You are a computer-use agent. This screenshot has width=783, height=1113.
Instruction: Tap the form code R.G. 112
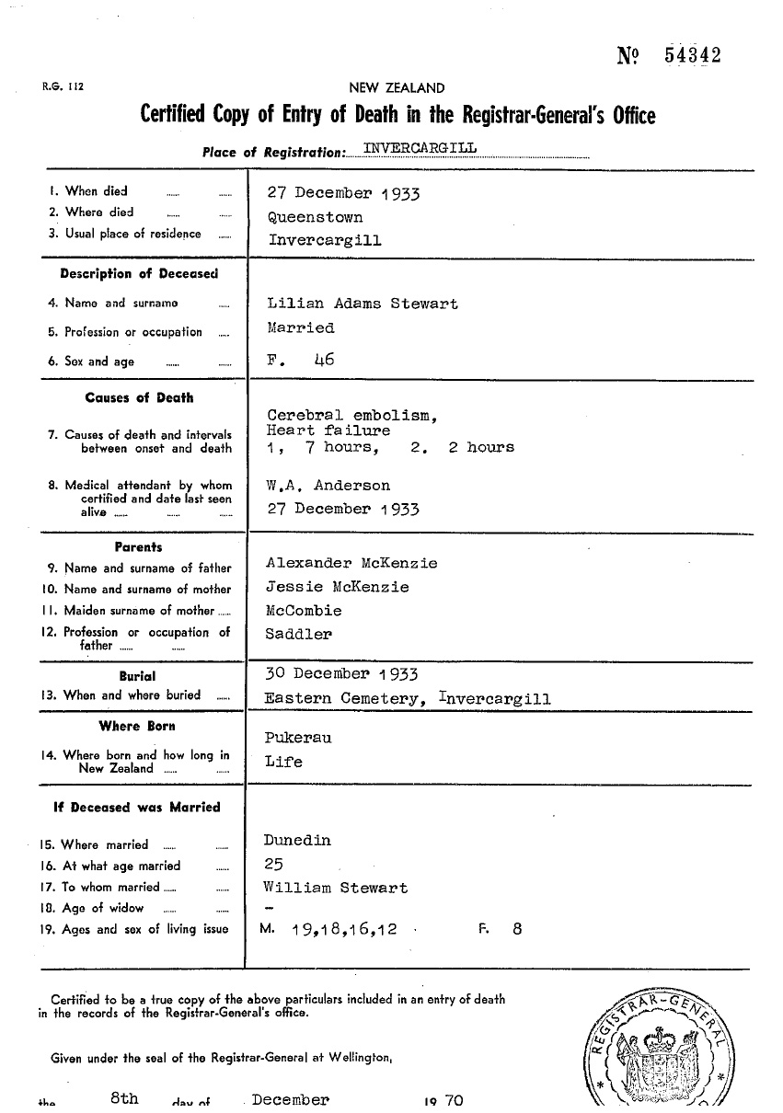coord(63,88)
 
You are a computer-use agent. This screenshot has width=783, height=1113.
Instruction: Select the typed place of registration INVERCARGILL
coord(420,149)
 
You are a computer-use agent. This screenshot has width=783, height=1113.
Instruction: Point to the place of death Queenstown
coord(315,218)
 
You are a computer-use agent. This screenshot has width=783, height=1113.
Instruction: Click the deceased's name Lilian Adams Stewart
coord(362,304)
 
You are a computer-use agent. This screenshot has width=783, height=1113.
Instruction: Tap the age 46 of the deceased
coord(323,361)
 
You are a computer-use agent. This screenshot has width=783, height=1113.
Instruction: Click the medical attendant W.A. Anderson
coord(328,486)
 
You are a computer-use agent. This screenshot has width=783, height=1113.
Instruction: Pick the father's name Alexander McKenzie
coord(351,563)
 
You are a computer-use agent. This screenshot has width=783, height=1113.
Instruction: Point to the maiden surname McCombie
coord(304,611)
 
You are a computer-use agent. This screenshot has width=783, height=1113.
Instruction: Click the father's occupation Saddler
coord(299,634)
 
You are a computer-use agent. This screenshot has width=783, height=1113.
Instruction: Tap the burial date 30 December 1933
coord(341,675)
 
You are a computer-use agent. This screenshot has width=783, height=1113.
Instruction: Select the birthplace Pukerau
coord(297,738)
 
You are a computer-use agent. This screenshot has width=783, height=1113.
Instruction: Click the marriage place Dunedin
coord(296,841)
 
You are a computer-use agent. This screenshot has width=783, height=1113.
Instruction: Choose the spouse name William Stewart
coord(335,889)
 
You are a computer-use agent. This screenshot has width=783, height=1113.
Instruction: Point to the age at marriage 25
coord(273,865)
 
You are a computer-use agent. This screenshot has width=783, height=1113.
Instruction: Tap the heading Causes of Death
coord(139,398)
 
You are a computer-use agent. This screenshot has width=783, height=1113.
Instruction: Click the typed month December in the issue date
coord(290,1100)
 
